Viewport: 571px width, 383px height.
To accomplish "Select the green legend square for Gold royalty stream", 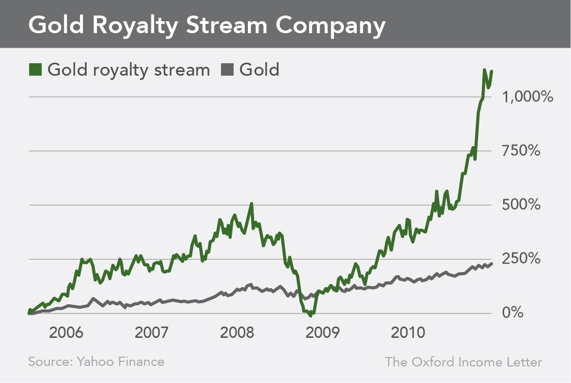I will coord(35,69).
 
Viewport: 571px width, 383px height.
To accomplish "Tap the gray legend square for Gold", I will coord(228,69).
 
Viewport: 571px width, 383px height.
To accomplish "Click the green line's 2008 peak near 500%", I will coord(252,204).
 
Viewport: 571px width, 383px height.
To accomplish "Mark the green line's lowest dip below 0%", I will coord(310,315).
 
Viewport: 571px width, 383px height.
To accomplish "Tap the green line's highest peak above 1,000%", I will coord(484,70).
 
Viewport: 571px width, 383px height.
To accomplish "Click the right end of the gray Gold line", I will coord(491,263).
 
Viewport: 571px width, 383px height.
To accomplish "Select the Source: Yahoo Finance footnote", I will coord(96,362).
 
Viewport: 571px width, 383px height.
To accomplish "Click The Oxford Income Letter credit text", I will coord(463,362).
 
